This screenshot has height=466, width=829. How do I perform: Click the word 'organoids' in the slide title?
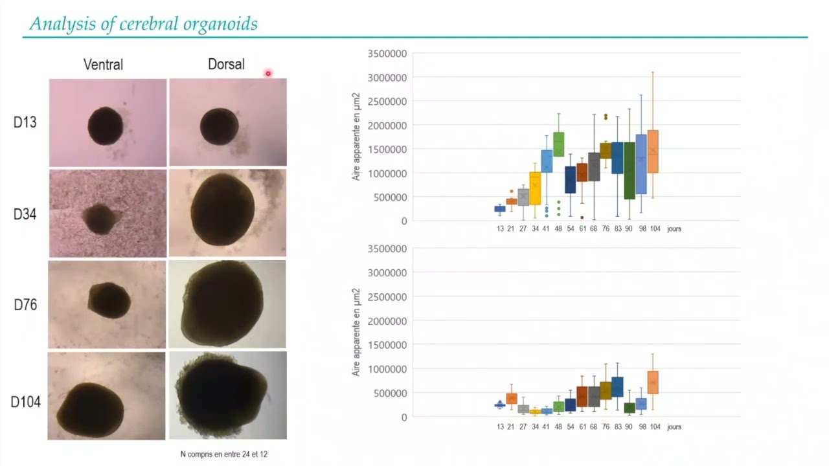[220, 25]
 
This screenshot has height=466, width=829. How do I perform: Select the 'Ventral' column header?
[103, 65]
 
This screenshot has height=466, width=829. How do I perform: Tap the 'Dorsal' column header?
[226, 64]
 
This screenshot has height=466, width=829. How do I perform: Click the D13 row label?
[25, 122]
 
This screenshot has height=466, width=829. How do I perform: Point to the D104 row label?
[25, 402]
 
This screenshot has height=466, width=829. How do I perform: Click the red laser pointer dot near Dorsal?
[268, 73]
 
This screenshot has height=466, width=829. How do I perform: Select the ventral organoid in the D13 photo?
[106, 126]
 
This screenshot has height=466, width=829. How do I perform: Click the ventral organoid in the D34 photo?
[99, 219]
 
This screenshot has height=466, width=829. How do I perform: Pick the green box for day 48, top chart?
[558, 144]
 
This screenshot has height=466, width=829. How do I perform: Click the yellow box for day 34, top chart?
[535, 188]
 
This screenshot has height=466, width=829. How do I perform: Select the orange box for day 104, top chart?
[653, 151]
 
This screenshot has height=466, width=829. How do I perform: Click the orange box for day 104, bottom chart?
[653, 383]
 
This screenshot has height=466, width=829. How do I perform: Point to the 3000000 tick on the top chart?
[387, 78]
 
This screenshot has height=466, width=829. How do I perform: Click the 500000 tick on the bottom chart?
[390, 393]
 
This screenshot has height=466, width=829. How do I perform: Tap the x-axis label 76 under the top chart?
[606, 229]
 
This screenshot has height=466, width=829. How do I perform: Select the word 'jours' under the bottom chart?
[674, 427]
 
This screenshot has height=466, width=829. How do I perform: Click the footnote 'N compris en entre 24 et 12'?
[224, 454]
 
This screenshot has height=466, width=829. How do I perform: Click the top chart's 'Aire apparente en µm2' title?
[356, 137]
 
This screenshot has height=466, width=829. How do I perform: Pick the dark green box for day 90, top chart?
[630, 171]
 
